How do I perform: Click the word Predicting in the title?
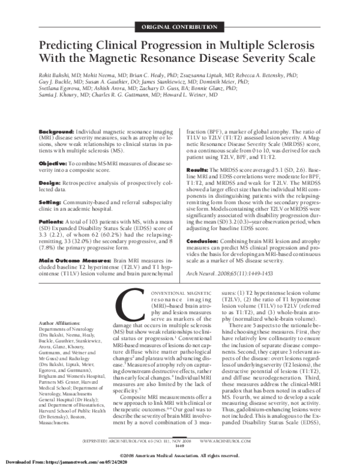(x=70, y=46)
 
